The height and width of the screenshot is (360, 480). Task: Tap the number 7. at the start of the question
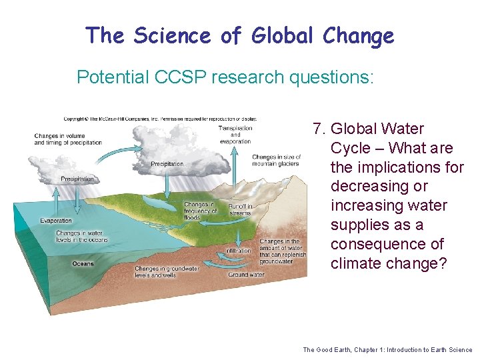(319, 129)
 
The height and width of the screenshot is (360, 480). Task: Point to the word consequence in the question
(374, 244)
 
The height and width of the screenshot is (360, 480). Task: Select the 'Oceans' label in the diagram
(83, 263)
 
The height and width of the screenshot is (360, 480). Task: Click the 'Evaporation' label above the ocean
(56, 221)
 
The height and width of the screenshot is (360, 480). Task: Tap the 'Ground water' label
(246, 274)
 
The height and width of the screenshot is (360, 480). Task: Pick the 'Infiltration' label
(239, 251)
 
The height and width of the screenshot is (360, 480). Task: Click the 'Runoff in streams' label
(240, 210)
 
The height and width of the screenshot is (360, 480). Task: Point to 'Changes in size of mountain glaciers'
(276, 160)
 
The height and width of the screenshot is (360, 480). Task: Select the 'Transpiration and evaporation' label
(235, 134)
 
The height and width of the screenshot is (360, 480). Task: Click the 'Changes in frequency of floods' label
(200, 211)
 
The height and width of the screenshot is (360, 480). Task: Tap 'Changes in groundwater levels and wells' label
(167, 271)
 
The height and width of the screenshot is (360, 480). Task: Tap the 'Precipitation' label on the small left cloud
(77, 179)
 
